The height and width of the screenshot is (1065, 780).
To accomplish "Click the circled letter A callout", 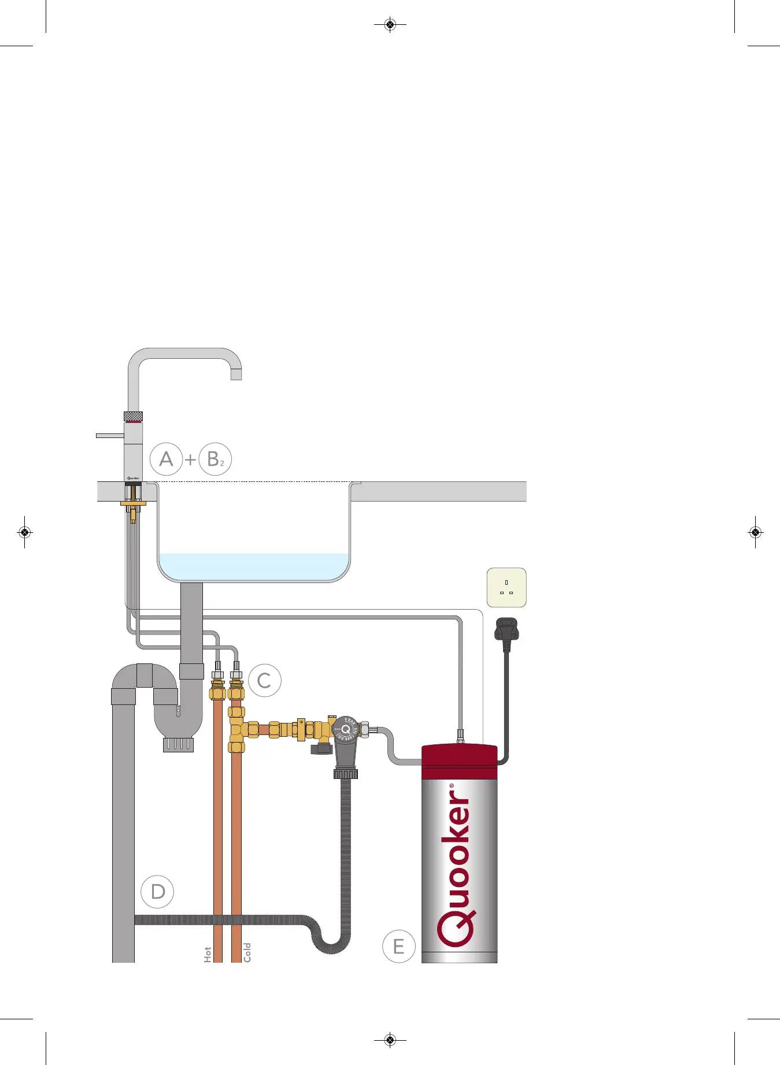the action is tap(166, 459).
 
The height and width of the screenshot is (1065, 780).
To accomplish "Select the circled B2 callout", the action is tap(215, 459).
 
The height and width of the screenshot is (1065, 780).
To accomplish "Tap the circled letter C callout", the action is tap(264, 680).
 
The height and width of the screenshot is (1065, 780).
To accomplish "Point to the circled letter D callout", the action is tap(157, 891).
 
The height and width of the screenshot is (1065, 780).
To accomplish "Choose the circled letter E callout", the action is tap(399, 947).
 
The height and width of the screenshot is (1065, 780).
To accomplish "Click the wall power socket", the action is tap(507, 588).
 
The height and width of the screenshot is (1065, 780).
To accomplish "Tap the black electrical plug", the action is tap(507, 630).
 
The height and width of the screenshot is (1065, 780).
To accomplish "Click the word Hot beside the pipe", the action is tap(208, 954).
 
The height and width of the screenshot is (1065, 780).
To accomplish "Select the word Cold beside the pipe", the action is tap(247, 952).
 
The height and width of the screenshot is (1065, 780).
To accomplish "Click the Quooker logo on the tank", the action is tap(457, 867).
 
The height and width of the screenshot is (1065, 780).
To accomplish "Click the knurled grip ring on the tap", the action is tap(133, 416).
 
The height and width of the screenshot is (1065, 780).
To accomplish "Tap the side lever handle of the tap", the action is tap(110, 435).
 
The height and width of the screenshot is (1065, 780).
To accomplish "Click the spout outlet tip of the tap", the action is tap(236, 375).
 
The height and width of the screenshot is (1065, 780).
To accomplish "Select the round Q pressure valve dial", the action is tap(346, 729).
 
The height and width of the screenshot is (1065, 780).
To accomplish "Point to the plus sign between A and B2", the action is tap(190, 460).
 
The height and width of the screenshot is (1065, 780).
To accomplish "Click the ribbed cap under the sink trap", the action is tap(178, 744).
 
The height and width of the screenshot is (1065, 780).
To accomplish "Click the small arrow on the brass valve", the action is tap(301, 721).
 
